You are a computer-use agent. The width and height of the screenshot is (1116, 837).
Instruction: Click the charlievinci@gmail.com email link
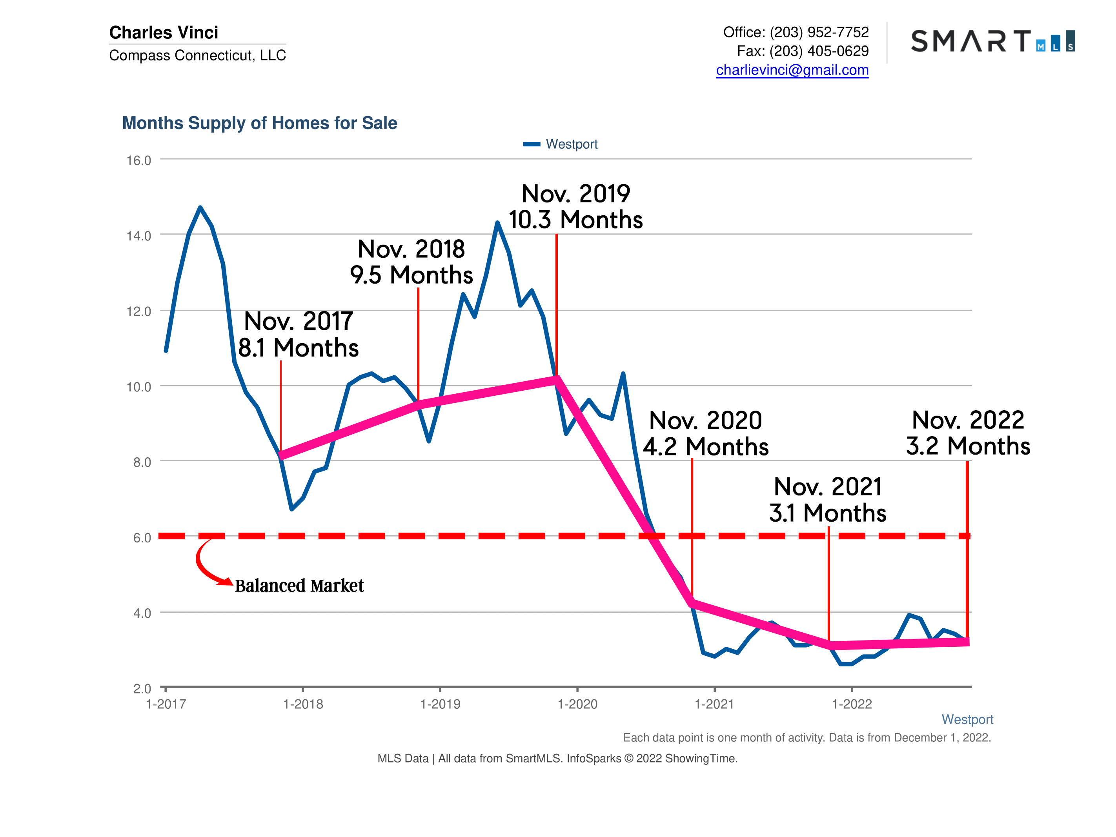[x=792, y=70]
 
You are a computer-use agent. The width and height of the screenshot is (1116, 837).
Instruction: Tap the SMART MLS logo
[x=992, y=41]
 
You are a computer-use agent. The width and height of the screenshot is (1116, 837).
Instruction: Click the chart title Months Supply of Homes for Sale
[x=259, y=123]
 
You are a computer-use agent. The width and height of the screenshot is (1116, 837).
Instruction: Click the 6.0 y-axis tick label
[x=142, y=538]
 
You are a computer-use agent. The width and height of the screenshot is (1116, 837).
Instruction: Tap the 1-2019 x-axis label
[x=440, y=704]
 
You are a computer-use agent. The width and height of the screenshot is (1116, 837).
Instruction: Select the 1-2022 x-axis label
[x=852, y=704]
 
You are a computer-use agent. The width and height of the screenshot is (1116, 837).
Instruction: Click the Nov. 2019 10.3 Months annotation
[x=576, y=207]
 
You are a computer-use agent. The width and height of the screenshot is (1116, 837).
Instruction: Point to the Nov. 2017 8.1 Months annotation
[x=298, y=335]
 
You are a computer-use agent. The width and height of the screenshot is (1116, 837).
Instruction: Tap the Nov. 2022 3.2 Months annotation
[x=968, y=433]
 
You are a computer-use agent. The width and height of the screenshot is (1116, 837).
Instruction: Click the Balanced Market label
[x=299, y=586]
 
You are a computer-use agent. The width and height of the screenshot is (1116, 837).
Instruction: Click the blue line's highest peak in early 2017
[x=200, y=207]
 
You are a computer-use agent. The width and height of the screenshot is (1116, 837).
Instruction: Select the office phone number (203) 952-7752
[x=819, y=32]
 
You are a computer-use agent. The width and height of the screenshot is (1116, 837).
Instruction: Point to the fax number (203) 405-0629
[x=819, y=51]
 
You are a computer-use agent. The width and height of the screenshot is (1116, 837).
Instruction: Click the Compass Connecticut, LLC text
[x=197, y=55]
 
